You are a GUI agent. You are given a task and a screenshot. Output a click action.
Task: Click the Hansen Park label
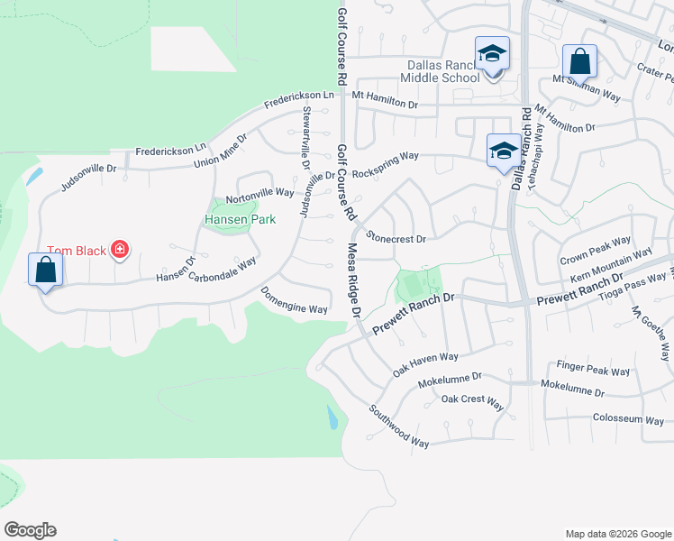(x=239, y=219)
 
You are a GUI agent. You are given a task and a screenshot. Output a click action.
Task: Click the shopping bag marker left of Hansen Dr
(x=45, y=270)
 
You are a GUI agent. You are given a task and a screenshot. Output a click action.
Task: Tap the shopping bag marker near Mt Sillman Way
(x=579, y=62)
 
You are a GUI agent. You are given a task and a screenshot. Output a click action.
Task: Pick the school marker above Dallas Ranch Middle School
(x=492, y=54)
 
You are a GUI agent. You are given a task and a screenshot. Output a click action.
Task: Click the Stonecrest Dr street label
(x=396, y=238)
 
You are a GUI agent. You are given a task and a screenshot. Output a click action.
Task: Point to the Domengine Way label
(x=294, y=300)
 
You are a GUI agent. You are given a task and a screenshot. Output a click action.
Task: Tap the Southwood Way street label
(x=398, y=426)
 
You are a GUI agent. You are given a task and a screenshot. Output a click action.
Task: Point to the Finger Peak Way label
(x=593, y=371)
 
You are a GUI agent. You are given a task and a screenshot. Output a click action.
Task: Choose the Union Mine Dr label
(x=220, y=151)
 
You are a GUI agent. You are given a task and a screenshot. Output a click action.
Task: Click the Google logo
(x=30, y=530)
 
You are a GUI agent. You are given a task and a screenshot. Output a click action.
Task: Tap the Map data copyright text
(x=617, y=533)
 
